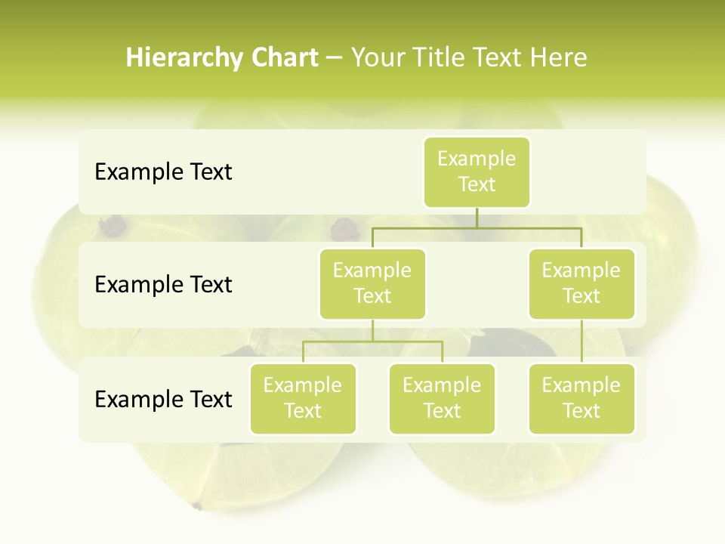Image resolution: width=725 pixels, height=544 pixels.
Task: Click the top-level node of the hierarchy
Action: coord(477,172)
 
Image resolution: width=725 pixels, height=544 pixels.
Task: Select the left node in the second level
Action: coord(372,283)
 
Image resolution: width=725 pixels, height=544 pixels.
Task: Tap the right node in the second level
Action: coord(582,283)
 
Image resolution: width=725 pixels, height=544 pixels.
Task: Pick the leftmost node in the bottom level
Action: coord(303,398)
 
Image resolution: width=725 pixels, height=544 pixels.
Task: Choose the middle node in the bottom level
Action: coord(442,398)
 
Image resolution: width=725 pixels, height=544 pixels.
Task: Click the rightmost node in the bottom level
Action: coord(582,398)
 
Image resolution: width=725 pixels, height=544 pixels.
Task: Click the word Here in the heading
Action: coord(558,57)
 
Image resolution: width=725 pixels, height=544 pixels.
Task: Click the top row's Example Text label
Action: coord(163,172)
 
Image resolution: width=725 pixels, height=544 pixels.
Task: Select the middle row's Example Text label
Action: coord(163,284)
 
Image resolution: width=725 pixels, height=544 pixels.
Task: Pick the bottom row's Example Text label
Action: coord(163,399)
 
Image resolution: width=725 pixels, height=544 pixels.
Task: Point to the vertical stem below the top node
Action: coord(477,218)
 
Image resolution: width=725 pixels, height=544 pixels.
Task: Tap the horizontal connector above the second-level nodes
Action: coord(477,227)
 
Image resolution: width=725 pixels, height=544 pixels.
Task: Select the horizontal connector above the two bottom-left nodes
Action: coord(372,342)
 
